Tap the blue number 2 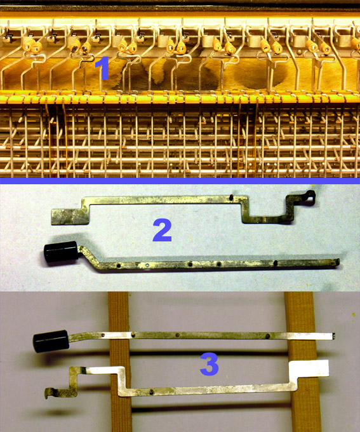(x=163, y=231)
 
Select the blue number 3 (x=210, y=364)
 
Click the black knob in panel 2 (x=61, y=252)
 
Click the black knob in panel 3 (x=51, y=341)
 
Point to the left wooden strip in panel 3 (x=120, y=361)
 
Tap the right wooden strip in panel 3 (x=302, y=361)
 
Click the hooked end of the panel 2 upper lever (x=310, y=195)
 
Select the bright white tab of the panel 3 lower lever (x=310, y=368)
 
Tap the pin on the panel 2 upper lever (x=232, y=197)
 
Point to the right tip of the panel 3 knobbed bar (x=333, y=335)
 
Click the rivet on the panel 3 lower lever (x=151, y=391)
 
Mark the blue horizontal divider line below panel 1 (x=180, y=181)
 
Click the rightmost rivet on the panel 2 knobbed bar (x=276, y=263)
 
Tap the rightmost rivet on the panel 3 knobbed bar (x=267, y=336)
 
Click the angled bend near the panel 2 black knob (x=91, y=257)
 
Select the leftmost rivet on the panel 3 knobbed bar (x=102, y=335)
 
